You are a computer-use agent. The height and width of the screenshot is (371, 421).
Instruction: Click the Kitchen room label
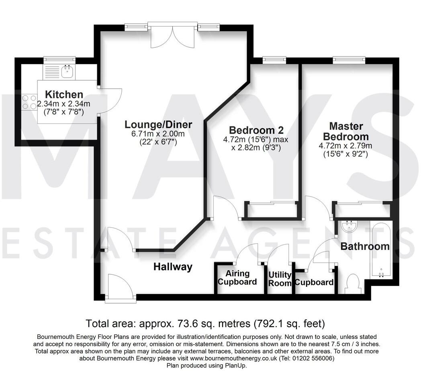(64, 95)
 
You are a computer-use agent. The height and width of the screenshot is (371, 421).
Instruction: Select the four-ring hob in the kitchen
(27, 101)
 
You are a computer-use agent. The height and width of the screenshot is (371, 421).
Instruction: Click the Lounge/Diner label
(158, 124)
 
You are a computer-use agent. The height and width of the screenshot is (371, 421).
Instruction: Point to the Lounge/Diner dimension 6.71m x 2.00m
(158, 134)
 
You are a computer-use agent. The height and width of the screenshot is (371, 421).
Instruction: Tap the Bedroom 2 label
(256, 130)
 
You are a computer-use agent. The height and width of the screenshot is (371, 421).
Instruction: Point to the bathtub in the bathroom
(381, 251)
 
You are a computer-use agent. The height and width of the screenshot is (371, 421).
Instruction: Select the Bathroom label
(365, 246)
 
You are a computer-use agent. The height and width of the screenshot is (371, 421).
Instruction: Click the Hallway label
(173, 267)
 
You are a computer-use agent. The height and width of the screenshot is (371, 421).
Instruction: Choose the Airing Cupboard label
(237, 278)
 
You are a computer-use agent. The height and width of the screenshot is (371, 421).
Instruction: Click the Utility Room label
(280, 279)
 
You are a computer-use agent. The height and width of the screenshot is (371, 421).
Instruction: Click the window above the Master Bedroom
(349, 60)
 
